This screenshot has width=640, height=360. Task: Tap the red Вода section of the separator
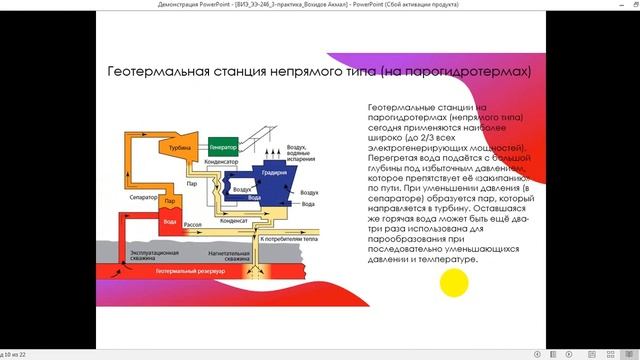[170, 221]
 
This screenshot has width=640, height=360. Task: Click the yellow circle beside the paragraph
[455, 285]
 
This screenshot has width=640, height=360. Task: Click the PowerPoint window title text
[320, 5]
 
